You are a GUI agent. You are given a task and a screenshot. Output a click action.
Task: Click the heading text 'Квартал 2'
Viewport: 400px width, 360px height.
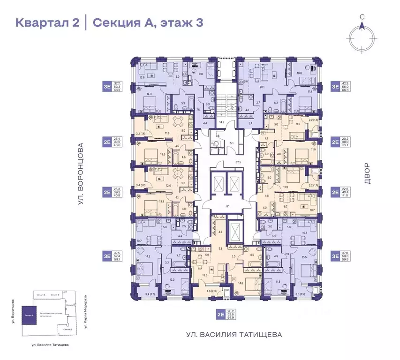coord(47,22)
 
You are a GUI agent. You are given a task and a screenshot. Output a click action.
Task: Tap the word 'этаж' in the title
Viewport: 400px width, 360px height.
coord(174,22)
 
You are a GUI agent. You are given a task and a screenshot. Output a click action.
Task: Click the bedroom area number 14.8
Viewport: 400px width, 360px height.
coord(148,256)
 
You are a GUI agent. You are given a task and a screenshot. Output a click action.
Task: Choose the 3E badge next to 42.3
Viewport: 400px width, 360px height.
coord(335,86)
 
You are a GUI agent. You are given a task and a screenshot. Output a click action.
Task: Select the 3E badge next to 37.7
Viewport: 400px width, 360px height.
coord(107,86)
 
